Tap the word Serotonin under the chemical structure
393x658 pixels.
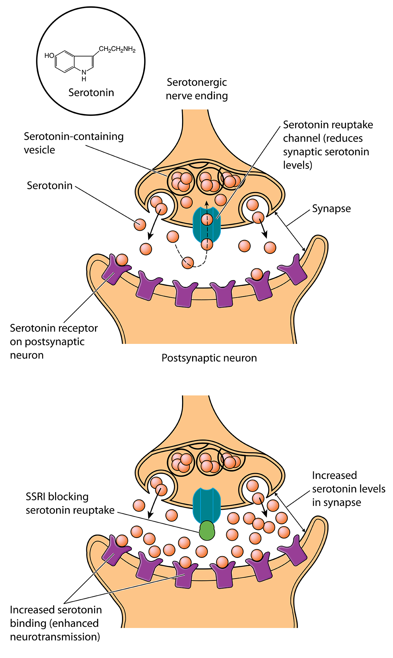[91, 92]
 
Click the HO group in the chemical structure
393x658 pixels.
[49, 55]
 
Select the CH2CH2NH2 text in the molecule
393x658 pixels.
[117, 49]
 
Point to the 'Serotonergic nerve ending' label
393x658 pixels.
[197, 89]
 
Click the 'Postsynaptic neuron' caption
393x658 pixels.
[209, 358]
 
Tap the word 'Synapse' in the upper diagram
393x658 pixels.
[331, 208]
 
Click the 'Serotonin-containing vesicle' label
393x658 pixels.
[73, 143]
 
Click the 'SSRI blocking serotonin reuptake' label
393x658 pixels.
[70, 503]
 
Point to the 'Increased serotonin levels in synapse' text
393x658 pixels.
[348, 489]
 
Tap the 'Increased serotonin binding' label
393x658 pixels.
[56, 623]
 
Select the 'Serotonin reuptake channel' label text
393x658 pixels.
[328, 145]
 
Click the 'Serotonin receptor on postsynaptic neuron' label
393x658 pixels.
[54, 341]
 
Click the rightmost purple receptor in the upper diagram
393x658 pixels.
[294, 270]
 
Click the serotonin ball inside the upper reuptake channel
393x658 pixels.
[207, 220]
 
